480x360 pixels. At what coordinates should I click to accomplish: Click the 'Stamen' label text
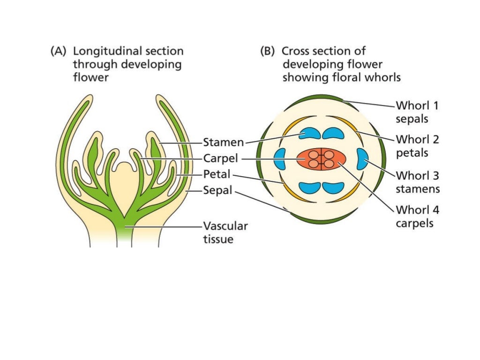(223, 142)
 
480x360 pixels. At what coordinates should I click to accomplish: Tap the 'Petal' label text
(217, 174)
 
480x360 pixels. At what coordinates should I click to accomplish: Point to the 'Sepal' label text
(217, 191)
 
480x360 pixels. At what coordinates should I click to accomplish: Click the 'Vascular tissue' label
(225, 232)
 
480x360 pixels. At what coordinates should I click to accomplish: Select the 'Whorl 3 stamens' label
(417, 182)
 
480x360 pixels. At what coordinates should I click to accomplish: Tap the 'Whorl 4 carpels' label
(417, 216)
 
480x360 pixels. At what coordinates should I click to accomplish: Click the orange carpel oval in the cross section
(321, 159)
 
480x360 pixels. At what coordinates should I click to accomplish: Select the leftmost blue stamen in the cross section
(280, 159)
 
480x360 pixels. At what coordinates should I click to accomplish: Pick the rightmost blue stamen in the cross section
(363, 159)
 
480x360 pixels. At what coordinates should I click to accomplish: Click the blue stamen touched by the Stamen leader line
(309, 134)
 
